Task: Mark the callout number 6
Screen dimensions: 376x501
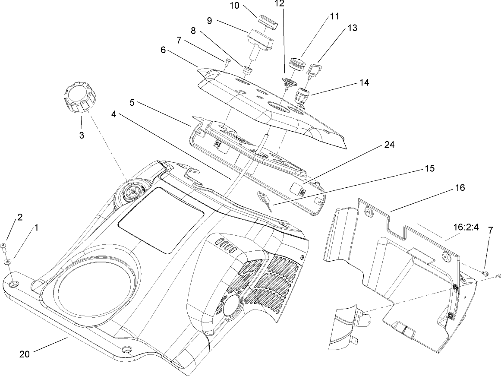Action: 163,50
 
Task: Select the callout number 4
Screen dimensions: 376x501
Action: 114,114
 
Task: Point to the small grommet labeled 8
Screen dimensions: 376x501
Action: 247,70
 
